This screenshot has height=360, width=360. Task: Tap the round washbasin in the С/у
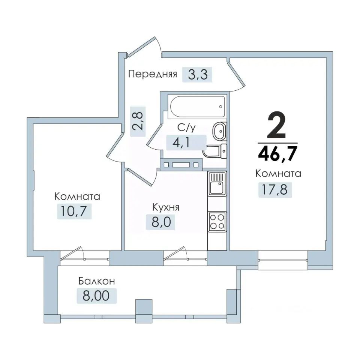pos(219,131)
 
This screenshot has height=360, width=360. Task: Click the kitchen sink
pos(217,184)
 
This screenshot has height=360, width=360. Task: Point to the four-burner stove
pos(217,222)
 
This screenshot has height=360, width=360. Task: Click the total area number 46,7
pos(278,154)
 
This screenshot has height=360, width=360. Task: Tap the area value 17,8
pos(275,190)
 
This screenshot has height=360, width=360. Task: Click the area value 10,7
pos(74,211)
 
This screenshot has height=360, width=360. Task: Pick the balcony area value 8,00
pos(96,296)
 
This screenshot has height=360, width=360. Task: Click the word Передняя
pos(153,74)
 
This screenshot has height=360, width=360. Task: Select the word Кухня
pos(166,207)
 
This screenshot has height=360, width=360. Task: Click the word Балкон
pos(96,281)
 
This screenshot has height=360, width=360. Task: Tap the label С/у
pos(186,127)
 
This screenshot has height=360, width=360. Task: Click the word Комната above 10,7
pos(77,196)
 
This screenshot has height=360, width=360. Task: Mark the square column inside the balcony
pos(144,307)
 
